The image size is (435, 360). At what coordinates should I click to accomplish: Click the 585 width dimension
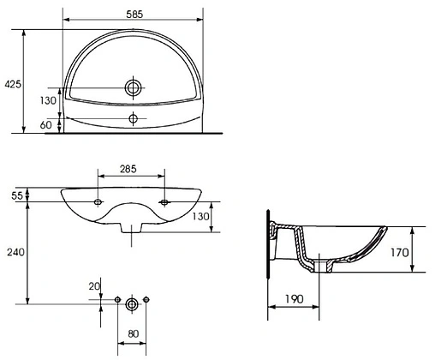(134, 15)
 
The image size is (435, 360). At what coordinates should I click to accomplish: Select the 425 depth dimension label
(13, 84)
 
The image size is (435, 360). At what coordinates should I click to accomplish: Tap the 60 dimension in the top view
(46, 125)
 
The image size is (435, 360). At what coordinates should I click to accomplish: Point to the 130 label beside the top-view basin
(48, 100)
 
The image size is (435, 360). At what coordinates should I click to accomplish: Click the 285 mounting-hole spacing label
(128, 169)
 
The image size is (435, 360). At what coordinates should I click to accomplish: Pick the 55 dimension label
(17, 195)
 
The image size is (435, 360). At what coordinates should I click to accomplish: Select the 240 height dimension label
(15, 252)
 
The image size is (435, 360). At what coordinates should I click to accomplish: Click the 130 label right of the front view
(200, 216)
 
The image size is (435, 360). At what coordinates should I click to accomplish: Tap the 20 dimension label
(94, 286)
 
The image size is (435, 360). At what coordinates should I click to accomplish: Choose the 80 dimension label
(134, 333)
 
